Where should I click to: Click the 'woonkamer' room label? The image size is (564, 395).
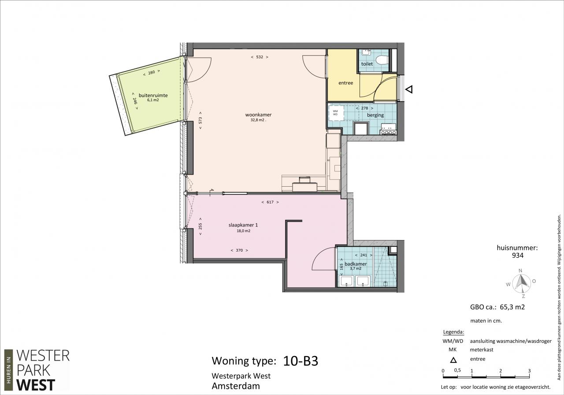(x=258, y=115)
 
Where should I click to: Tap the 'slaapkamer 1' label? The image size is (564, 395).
(x=243, y=225)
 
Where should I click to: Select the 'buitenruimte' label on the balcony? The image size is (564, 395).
(x=153, y=96)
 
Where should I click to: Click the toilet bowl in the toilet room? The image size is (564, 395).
(x=382, y=60)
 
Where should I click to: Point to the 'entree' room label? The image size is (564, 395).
(x=345, y=83)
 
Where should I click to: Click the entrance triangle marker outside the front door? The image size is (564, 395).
(x=409, y=90)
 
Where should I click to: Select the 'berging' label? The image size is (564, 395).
(x=375, y=115)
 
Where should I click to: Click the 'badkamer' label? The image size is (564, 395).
(x=356, y=264)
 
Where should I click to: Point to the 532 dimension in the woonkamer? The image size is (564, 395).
(x=260, y=57)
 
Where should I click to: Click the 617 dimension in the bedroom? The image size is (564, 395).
(x=270, y=202)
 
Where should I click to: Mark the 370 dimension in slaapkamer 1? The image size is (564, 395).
(x=239, y=250)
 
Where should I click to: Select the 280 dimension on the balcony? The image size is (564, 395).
(x=151, y=73)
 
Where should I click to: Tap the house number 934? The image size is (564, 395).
(x=518, y=256)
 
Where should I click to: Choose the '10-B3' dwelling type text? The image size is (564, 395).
(x=301, y=361)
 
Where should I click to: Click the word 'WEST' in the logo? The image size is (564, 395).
(x=36, y=385)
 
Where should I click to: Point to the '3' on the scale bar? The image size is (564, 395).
(x=529, y=371)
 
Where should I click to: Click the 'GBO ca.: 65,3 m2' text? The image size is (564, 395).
(x=497, y=307)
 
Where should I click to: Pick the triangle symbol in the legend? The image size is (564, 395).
(x=453, y=360)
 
